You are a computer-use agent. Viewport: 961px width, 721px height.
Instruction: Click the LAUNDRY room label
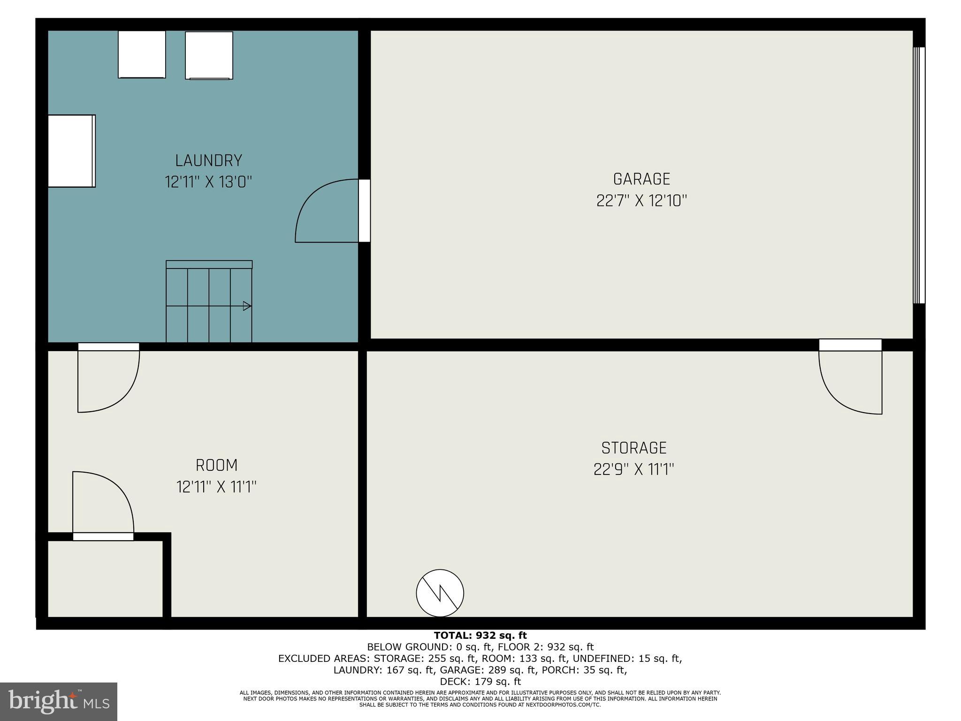(208, 161)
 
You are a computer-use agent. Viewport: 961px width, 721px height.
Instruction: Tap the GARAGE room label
(641, 179)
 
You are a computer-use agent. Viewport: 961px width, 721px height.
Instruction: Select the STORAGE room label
(633, 448)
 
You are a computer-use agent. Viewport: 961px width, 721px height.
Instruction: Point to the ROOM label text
(216, 466)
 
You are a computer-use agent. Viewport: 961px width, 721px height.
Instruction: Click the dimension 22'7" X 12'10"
(641, 201)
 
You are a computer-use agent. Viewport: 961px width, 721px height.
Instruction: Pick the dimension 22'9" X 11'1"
(633, 469)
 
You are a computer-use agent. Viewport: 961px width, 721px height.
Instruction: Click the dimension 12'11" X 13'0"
(208, 182)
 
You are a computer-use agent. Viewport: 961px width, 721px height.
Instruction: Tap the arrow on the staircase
(246, 307)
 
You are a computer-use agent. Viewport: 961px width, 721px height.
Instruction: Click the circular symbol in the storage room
(440, 593)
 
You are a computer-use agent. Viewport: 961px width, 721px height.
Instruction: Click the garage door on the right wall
(919, 175)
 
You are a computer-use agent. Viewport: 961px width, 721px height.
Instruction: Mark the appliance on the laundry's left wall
(72, 151)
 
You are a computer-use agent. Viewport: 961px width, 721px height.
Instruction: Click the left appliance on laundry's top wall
(142, 54)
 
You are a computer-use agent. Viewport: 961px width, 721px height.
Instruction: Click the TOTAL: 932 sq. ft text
(480, 636)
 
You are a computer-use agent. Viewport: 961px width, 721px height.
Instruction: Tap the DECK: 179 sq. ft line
(480, 682)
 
